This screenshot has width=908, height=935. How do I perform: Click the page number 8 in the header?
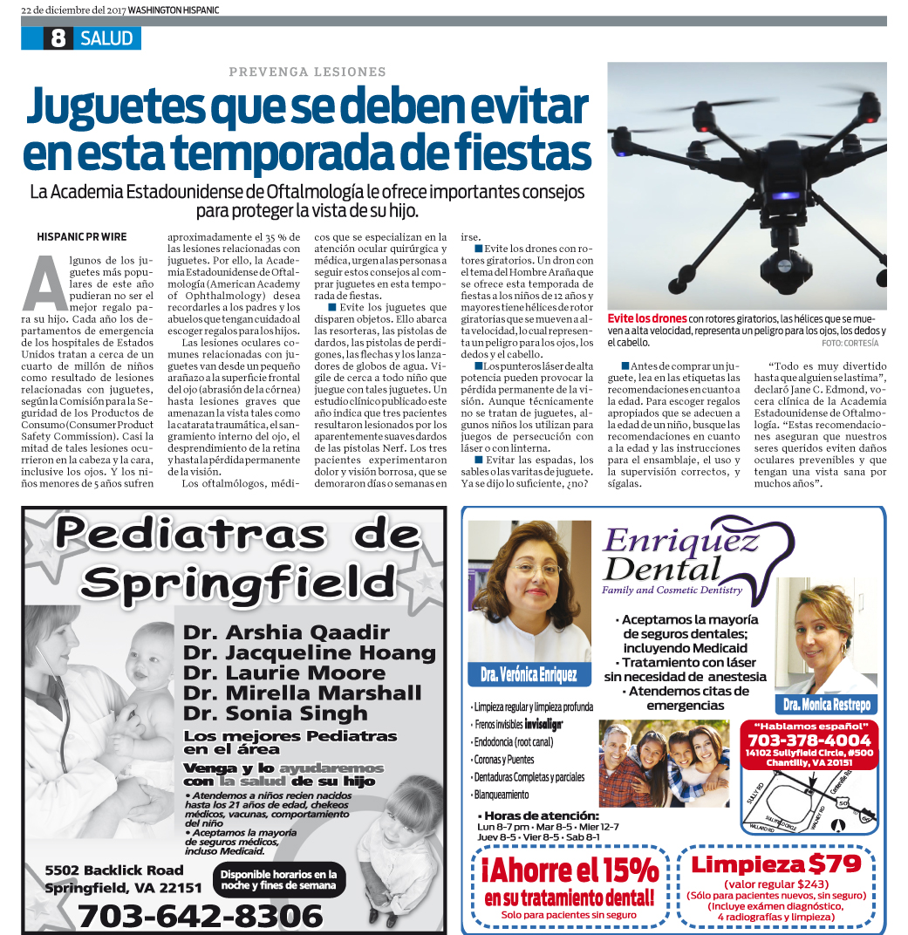tap(58, 38)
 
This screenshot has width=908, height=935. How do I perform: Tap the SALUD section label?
tap(106, 38)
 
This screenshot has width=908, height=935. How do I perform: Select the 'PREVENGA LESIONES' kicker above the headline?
tap(307, 72)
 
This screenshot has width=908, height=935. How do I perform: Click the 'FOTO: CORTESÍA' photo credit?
tap(850, 344)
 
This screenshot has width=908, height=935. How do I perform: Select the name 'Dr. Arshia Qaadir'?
tap(286, 631)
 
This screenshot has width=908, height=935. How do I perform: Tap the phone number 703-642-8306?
tap(200, 915)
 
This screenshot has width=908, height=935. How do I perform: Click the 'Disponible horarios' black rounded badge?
tap(278, 879)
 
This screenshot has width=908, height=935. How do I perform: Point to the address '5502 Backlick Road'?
tap(114, 870)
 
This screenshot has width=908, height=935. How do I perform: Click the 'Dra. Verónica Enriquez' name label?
tap(529, 674)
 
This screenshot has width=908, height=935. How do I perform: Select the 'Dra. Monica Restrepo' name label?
tap(826, 704)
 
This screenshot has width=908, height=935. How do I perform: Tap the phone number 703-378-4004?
tap(809, 740)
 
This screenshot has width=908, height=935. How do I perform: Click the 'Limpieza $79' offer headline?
tap(776, 864)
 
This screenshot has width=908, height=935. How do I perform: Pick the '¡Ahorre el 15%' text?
tap(570, 870)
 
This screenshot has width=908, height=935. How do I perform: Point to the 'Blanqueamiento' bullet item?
tap(501, 795)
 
